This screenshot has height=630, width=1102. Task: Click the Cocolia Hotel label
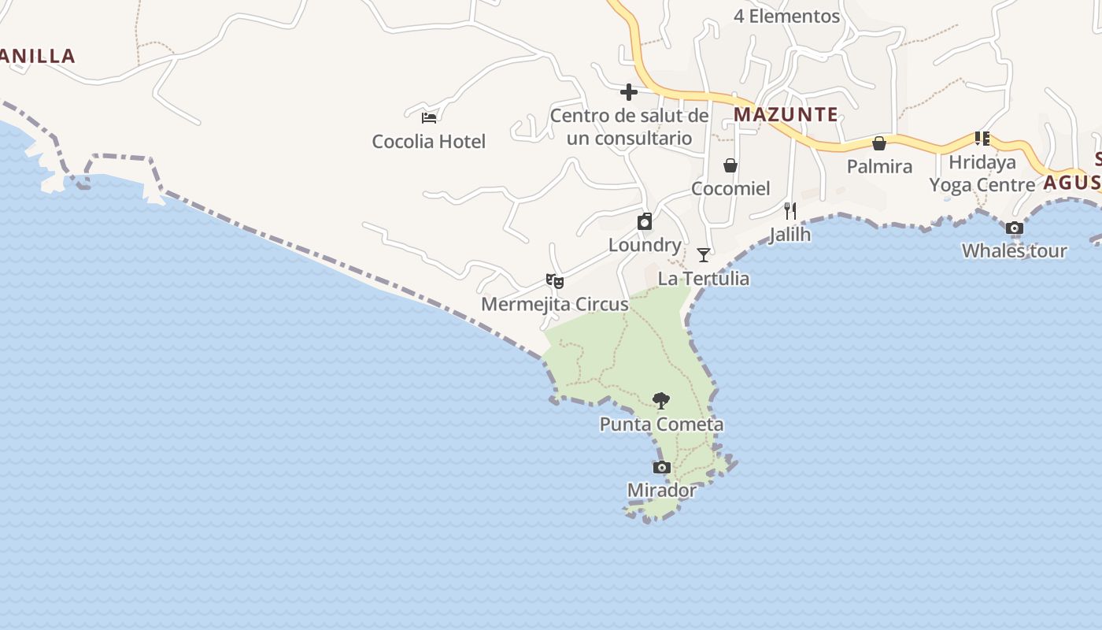coord(429,142)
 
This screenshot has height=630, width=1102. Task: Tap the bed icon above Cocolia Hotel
coord(429,117)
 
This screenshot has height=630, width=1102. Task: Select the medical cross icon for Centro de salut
coord(628,92)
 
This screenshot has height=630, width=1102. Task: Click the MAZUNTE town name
coord(786,114)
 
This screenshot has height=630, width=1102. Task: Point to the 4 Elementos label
coord(786,16)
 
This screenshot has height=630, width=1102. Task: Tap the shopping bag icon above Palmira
coord(879,143)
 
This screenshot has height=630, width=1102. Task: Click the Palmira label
coord(879,166)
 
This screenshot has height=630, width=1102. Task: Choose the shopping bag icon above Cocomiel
coord(730,165)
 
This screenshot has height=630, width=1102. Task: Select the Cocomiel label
coord(730,188)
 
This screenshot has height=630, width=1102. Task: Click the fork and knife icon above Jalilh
coord(790,210)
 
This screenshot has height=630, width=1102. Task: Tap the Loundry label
coord(645,245)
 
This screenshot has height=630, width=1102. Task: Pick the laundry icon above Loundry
coord(645,221)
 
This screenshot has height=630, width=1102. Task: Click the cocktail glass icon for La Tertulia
coord(704,254)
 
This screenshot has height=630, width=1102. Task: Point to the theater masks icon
coord(555,280)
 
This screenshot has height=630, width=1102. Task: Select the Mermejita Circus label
coord(555,304)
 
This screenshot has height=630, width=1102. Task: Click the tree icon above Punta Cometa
coord(661,401)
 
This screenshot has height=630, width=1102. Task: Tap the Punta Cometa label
coord(661,424)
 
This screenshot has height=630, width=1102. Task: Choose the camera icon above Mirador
coord(662,468)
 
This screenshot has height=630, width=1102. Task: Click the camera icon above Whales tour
coord(1015,228)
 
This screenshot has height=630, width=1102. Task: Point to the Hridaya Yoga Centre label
coord(982,173)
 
